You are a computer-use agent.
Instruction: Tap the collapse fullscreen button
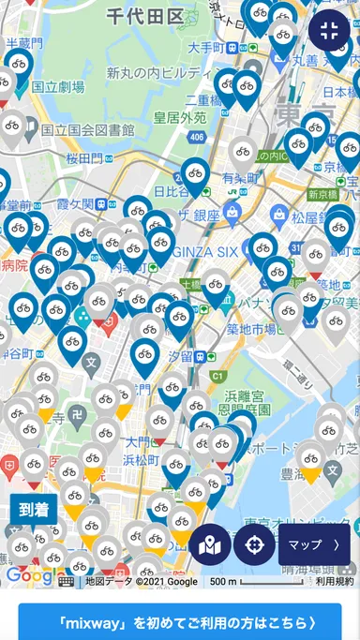click(x=329, y=30)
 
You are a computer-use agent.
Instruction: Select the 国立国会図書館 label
click(x=88, y=130)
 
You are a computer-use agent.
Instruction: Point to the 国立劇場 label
click(x=58, y=86)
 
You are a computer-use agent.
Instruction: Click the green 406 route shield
click(x=196, y=138)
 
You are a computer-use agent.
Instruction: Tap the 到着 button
click(x=34, y=511)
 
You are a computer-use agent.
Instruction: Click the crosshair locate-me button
click(x=254, y=544)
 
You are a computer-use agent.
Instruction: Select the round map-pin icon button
click(x=210, y=544)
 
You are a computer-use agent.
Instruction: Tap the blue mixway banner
click(x=179, y=621)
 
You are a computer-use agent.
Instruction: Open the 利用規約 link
click(x=335, y=582)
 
